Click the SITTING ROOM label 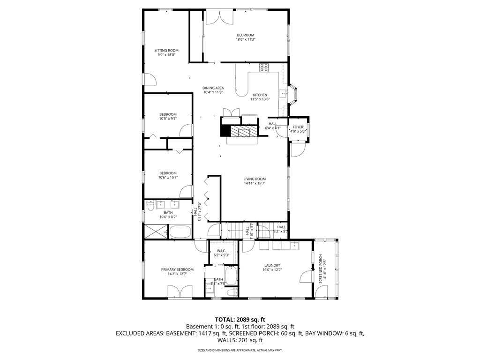point(166,50)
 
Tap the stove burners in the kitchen point(264,67)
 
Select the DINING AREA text point(213,88)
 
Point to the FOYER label point(298,127)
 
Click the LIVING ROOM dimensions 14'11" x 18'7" point(255,183)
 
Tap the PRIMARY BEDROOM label point(177,269)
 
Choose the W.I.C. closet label point(221,251)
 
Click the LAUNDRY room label point(272,265)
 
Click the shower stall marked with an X point(156,232)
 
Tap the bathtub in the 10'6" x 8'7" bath point(180,232)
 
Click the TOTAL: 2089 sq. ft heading point(240,319)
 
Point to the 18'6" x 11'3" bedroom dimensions point(245,40)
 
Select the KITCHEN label point(260,95)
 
